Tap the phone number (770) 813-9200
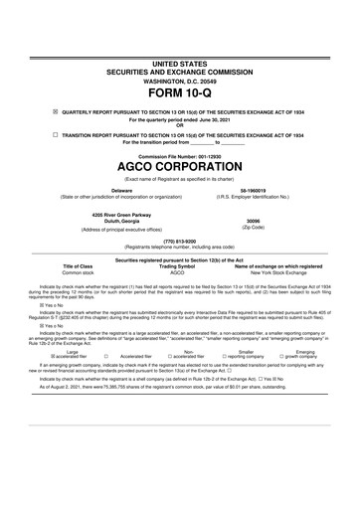(x=180, y=240)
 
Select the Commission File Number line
(x=180, y=156)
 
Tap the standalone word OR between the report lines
(x=180, y=125)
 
